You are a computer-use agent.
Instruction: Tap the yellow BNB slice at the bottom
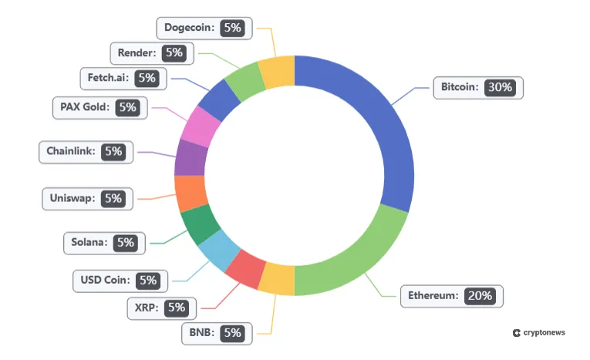277,279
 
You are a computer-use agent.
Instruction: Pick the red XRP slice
246,267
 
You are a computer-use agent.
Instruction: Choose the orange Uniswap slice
190,193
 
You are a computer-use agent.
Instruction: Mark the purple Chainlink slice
190,158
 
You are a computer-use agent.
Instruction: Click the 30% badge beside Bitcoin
500,87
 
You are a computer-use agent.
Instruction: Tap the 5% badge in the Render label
174,53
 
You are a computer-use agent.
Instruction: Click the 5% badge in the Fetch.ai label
147,78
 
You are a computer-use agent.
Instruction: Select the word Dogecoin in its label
187,28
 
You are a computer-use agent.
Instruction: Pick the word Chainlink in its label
70,152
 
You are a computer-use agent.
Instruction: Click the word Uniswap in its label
72,198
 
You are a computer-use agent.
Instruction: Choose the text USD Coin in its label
104,280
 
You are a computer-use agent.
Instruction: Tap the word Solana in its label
89,243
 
